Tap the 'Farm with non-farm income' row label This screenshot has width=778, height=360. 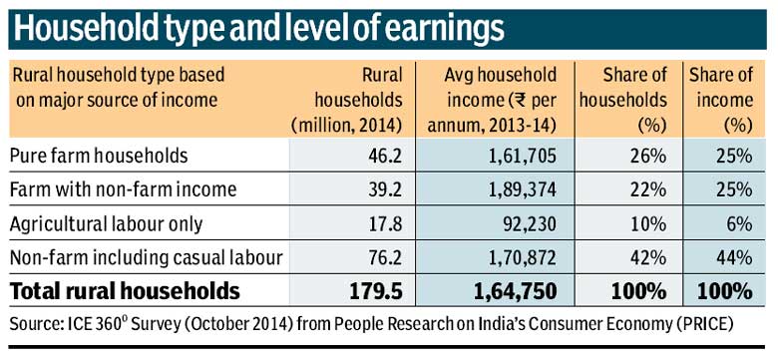pos(112,189)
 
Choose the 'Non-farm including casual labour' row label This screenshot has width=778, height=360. pos(146,257)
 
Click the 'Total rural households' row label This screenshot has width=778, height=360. pos(126,291)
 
